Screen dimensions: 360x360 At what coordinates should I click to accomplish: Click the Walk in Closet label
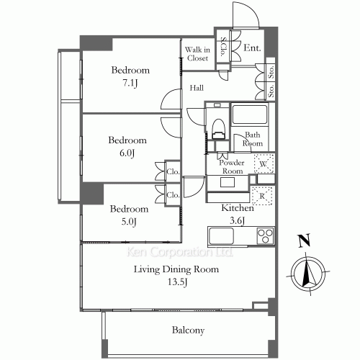coord(197,54)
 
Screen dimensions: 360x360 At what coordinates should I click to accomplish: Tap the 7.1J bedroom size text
coord(130,83)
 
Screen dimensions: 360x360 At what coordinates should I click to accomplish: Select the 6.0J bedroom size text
coord(127,153)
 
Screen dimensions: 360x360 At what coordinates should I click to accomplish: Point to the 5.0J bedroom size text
coord(129,222)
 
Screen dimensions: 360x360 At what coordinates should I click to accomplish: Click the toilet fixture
coord(219,129)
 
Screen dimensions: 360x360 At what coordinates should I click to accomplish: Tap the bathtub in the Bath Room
coord(250,114)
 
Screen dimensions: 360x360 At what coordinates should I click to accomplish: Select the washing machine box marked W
coord(264,163)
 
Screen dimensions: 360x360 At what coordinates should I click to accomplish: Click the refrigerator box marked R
coord(262,196)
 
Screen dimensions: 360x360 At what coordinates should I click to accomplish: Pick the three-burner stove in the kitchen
coord(265,235)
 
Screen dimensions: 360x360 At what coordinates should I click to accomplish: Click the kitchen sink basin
coord(221,236)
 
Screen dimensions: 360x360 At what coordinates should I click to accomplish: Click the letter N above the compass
coord(304,240)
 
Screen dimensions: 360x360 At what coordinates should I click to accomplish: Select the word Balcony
coord(188,330)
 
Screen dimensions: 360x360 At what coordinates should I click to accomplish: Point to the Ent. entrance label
coord(252,48)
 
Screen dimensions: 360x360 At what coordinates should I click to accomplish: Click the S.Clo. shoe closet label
coord(223,46)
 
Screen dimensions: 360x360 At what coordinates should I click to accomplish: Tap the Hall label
coord(197,88)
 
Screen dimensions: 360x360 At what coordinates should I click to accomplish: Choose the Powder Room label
coord(232,167)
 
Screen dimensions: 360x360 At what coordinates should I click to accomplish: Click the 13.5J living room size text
coord(177,282)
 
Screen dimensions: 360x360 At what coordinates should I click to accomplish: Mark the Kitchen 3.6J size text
coord(237,221)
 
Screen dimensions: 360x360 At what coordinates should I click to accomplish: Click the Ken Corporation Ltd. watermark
coord(179,252)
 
